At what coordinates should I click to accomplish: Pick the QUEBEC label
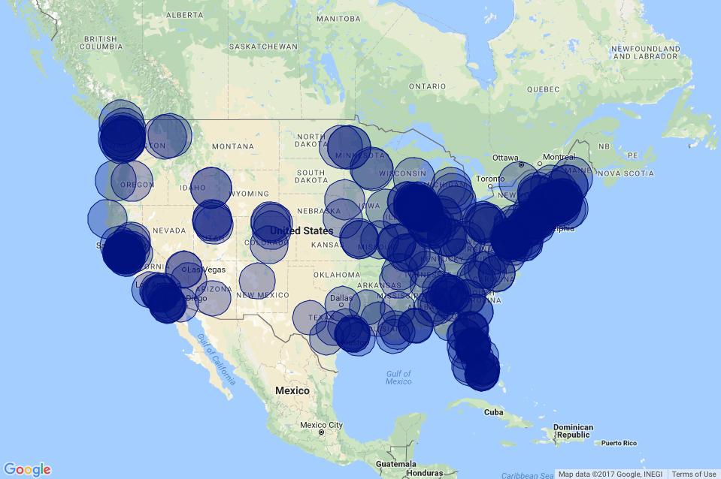[544, 89]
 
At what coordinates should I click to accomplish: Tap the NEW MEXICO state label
[263, 295]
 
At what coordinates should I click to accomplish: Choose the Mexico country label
[292, 390]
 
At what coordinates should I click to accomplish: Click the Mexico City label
[321, 425]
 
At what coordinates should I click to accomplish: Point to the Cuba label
[493, 412]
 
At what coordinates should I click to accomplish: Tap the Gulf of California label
[217, 359]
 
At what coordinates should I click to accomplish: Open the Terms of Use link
[693, 474]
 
